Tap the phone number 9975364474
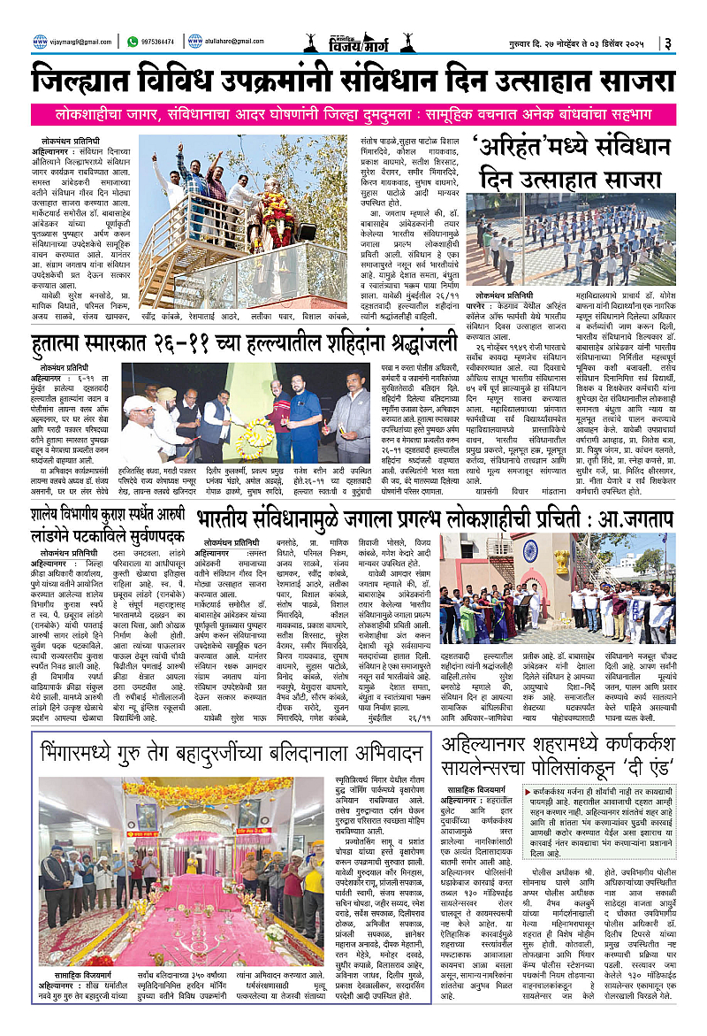(x=160, y=41)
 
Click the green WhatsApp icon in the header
(x=133, y=41)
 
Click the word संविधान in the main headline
(x=386, y=81)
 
